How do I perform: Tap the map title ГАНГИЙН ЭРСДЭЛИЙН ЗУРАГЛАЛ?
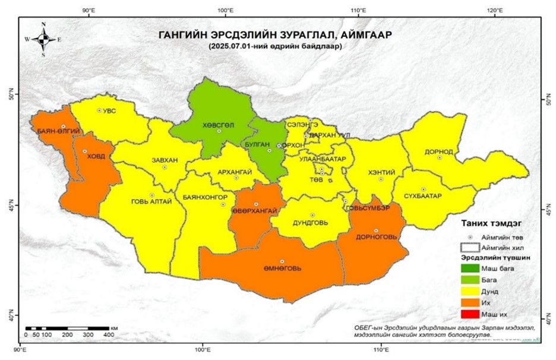pyautogui.click(x=274, y=35)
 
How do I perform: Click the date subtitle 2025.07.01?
pyautogui.click(x=274, y=47)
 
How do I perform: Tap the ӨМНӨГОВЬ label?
pyautogui.click(x=283, y=268)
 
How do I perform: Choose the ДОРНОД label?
pyautogui.click(x=439, y=151)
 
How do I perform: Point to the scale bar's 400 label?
pyautogui.click(x=109, y=336)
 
